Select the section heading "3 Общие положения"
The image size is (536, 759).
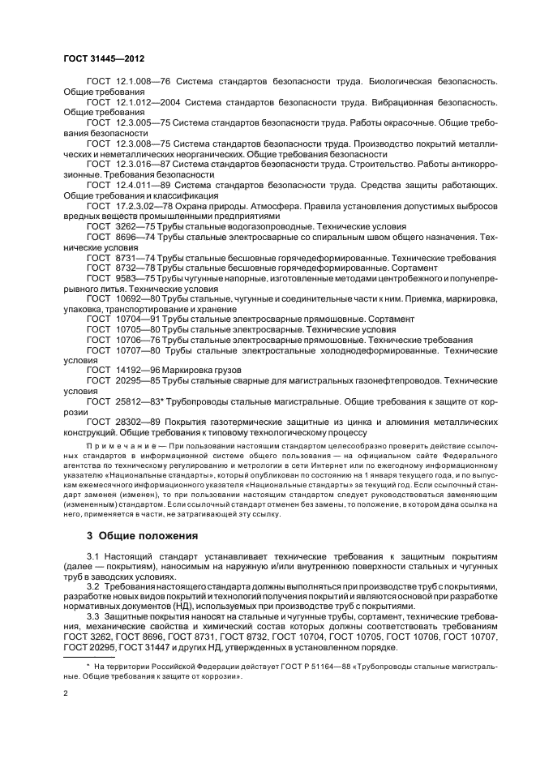tap(139, 536)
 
